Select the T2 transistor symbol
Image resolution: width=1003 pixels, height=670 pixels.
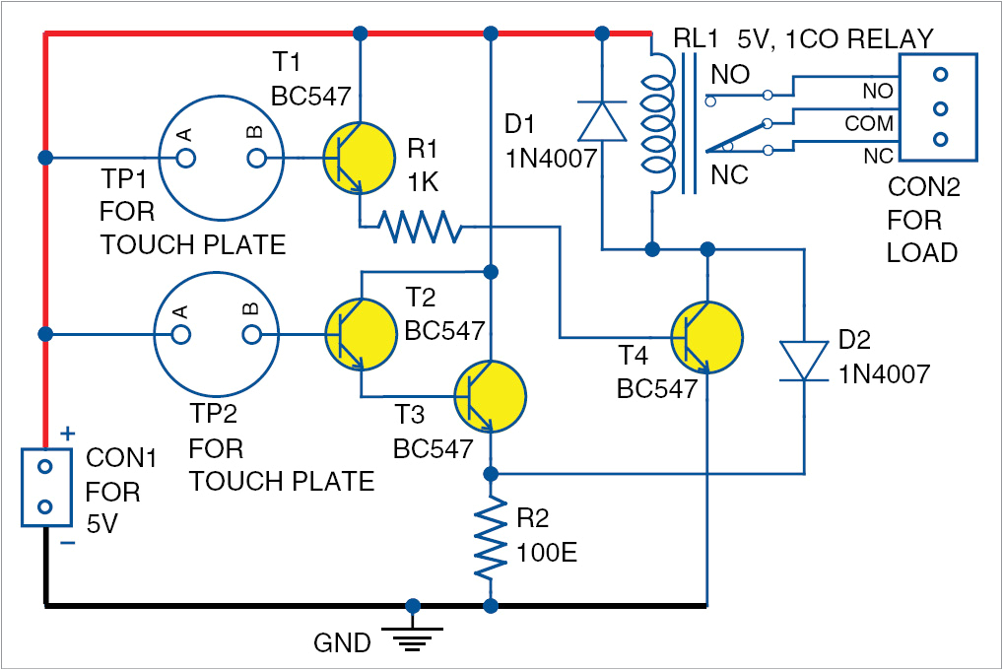pyautogui.click(x=359, y=335)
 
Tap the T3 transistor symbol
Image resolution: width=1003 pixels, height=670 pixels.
pyautogui.click(x=490, y=396)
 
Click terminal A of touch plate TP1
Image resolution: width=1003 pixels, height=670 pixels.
pyautogui.click(x=183, y=158)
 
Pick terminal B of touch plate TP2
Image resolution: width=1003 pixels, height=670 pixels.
pyautogui.click(x=252, y=335)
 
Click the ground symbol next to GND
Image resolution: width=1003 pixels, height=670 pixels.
pyautogui.click(x=412, y=641)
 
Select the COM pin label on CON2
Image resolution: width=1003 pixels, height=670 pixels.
pyautogui.click(x=869, y=124)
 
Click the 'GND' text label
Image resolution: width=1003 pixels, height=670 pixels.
pyautogui.click(x=342, y=643)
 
